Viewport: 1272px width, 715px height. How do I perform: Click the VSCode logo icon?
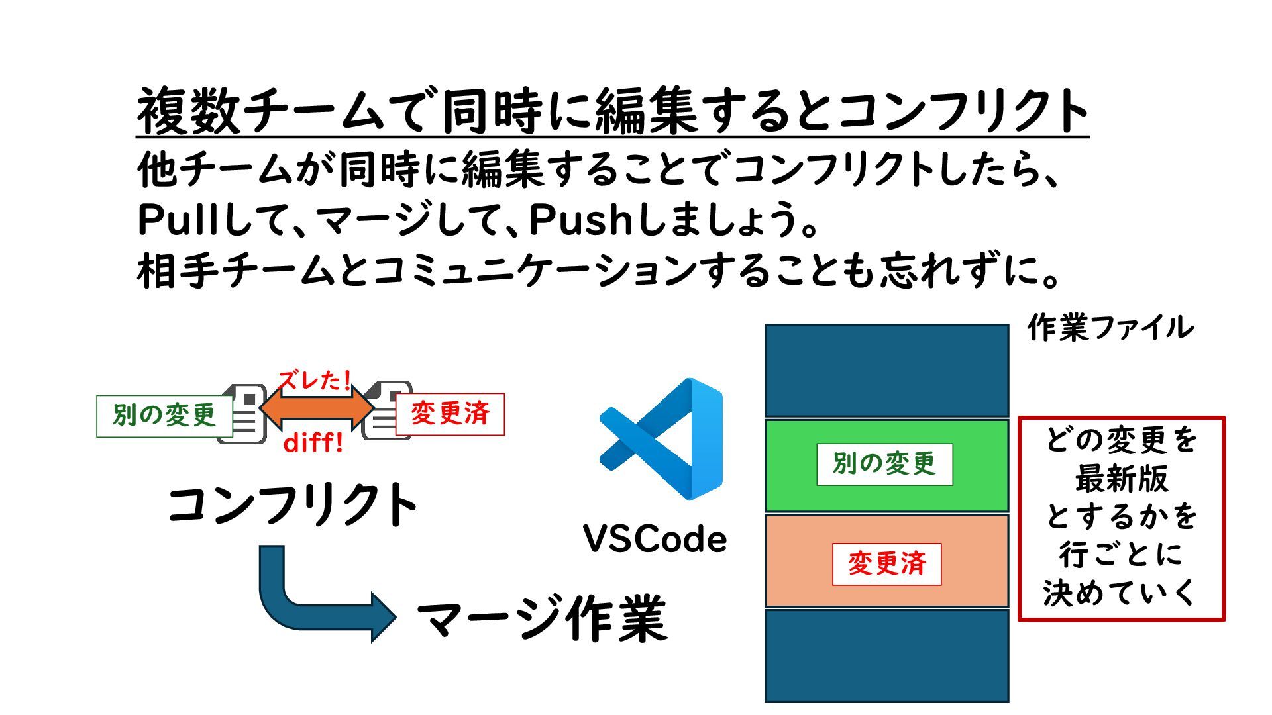click(661, 439)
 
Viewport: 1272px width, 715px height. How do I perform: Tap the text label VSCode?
click(655, 539)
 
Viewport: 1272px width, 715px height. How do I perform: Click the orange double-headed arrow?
click(317, 409)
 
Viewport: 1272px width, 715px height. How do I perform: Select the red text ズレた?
click(314, 381)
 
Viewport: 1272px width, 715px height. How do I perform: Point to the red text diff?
click(313, 442)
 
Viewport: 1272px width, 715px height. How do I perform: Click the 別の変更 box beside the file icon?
click(164, 416)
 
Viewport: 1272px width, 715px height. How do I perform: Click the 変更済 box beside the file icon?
click(450, 414)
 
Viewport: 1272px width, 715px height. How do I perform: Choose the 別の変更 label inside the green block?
click(884, 464)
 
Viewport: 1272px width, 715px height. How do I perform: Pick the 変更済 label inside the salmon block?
click(886, 564)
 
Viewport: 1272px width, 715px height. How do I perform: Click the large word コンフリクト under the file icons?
click(292, 505)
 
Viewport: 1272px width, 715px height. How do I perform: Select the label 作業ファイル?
click(1110, 328)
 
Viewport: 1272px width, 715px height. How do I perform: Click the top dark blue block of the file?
click(886, 370)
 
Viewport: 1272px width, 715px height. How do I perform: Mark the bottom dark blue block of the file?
click(886, 655)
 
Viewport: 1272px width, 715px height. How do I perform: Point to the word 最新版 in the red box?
click(1121, 479)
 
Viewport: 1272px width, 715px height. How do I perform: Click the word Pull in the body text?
click(178, 220)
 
